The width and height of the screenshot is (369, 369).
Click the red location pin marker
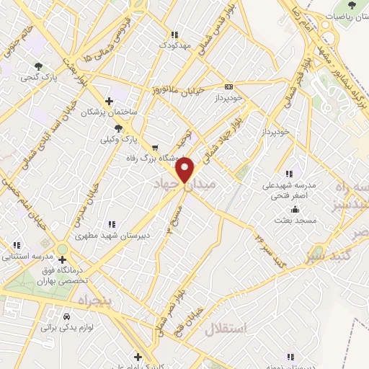(x=185, y=170)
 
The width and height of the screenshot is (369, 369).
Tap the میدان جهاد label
(x=185, y=185)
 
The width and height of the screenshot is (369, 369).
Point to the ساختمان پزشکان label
(x=108, y=112)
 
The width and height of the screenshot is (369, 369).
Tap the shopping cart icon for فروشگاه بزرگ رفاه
(x=155, y=148)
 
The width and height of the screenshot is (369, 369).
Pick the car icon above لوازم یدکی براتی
(x=67, y=316)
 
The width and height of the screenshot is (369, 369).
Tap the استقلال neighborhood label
(x=225, y=329)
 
